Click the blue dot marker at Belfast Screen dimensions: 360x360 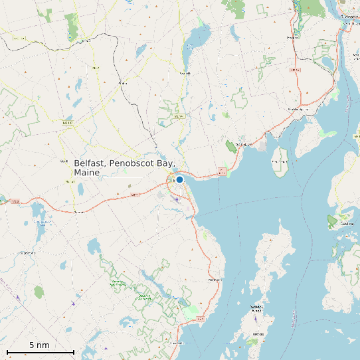click(179, 179)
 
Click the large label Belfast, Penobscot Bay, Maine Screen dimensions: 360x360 click(124, 167)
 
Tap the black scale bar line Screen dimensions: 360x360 click(40, 351)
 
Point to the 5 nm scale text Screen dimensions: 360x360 click(39, 345)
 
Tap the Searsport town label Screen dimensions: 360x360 click(244, 143)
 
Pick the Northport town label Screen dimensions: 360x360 click(214, 280)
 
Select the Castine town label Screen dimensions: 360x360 click(346, 224)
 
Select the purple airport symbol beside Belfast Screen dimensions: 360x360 click(177, 197)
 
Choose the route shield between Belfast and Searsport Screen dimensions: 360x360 click(222, 172)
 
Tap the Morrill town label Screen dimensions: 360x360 click(64, 161)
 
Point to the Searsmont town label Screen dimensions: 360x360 click(28, 253)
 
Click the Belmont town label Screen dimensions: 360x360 click(80, 212)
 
